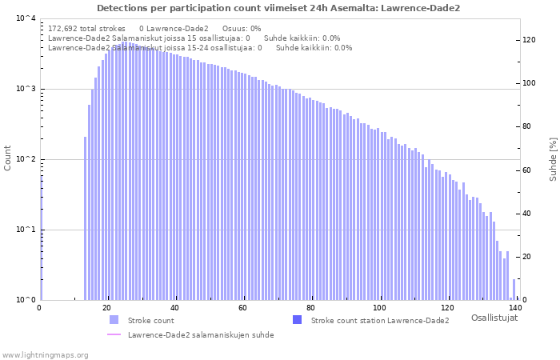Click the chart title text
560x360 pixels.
(278, 8)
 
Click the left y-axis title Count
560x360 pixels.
(8, 158)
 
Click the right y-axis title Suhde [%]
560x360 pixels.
(552, 158)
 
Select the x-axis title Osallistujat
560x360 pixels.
(494, 318)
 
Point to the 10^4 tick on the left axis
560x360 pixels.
(26, 19)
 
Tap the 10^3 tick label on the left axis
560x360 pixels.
(26, 90)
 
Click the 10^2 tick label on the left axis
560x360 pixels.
(26, 160)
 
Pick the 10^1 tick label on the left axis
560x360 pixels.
(26, 230)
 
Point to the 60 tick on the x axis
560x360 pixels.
(244, 308)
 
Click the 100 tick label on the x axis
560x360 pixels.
(379, 308)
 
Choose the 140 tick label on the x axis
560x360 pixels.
(515, 308)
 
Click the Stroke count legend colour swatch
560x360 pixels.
(114, 320)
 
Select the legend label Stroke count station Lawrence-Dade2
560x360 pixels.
(380, 321)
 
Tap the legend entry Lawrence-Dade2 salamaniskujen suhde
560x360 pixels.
(200, 335)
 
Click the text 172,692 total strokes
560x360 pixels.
(86, 28)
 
